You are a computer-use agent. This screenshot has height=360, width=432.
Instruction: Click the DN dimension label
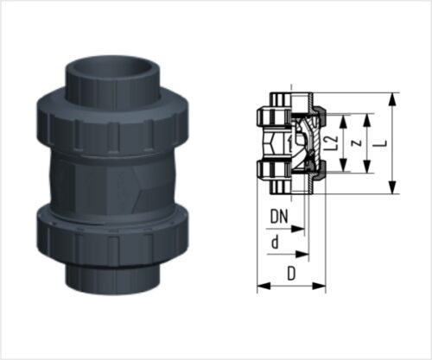click(x=279, y=217)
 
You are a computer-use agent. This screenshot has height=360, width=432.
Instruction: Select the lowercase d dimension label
click(x=276, y=242)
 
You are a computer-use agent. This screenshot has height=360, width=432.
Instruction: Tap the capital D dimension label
click(x=291, y=274)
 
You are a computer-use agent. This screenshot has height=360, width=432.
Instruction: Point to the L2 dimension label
click(x=333, y=143)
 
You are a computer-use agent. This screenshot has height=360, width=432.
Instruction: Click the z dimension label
click(x=358, y=143)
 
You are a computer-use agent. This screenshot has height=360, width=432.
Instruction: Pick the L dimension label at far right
click(x=384, y=143)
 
